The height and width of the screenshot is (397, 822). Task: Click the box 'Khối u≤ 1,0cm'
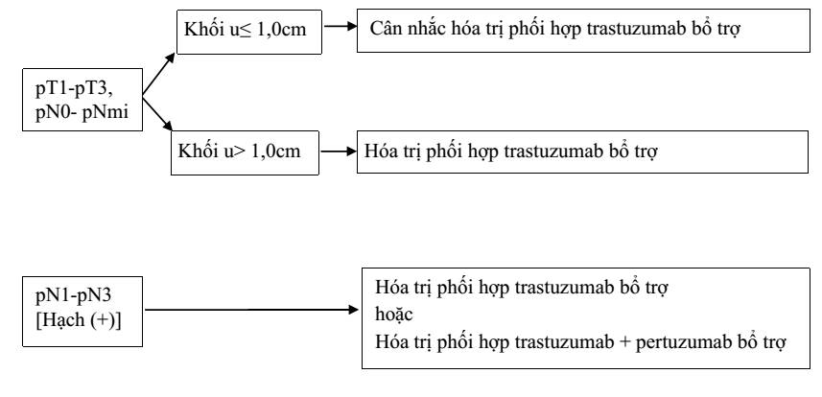tap(249, 32)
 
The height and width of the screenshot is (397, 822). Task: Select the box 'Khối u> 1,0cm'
tap(245, 152)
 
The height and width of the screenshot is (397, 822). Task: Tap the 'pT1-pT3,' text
tap(75, 90)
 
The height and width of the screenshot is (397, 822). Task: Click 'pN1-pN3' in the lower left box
tap(74, 296)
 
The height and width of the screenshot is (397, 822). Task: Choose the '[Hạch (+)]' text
tap(78, 319)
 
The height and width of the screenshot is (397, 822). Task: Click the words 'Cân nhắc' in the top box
tap(408, 29)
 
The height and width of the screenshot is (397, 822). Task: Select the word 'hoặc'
tap(394, 315)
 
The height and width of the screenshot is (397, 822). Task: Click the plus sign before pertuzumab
tap(624, 343)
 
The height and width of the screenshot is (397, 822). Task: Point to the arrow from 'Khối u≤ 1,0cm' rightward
tap(340, 26)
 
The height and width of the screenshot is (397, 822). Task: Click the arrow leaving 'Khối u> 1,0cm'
tap(339, 152)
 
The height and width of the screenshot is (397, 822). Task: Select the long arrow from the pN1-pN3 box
tap(251, 310)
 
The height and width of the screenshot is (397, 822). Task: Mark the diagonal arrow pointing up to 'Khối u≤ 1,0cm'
tap(159, 74)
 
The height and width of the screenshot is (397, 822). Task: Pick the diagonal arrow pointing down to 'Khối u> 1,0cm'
tap(157, 113)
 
